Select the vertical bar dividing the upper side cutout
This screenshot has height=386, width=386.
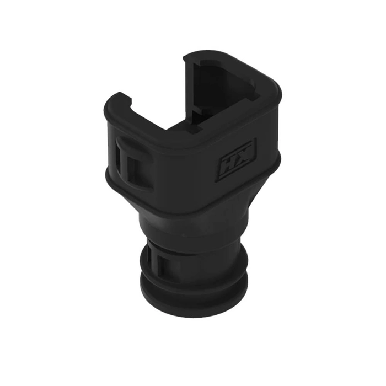coord(125,163)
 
